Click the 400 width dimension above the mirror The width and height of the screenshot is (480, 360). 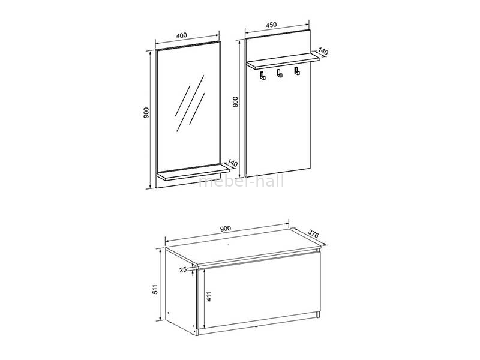coord(182,35)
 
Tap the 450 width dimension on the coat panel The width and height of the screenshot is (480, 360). coord(271,25)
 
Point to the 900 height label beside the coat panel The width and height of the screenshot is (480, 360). coord(235,102)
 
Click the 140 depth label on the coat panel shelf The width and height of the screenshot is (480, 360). coord(323,52)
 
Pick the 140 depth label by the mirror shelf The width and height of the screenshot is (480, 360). coord(233,163)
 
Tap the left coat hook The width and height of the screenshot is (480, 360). coord(263,76)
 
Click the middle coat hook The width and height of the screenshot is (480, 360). coord(280,73)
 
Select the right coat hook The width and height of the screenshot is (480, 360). coord(296,71)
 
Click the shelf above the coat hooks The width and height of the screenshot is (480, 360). coord(283,61)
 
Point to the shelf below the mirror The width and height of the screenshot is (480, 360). coord(193,172)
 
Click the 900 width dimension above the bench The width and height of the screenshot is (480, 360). coord(225,229)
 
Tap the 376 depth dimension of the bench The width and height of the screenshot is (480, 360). coord(313,233)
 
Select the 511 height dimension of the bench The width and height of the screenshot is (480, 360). coord(155,289)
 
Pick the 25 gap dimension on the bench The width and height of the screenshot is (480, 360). coord(183,269)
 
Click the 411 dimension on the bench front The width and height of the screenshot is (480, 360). coord(209,296)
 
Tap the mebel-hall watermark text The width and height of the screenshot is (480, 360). coord(241,181)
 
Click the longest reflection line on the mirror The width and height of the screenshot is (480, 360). coord(190,103)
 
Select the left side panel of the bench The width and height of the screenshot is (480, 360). coord(181,292)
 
